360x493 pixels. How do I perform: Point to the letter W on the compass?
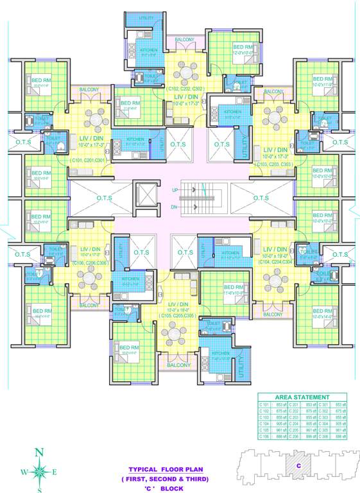pyautogui.click(x=24, y=472)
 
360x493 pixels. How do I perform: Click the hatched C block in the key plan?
pyautogui.click(x=298, y=465)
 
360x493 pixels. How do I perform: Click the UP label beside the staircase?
pyautogui.click(x=175, y=191)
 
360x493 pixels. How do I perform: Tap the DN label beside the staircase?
pyautogui.click(x=175, y=207)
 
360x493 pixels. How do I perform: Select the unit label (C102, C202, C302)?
pyautogui.click(x=185, y=89)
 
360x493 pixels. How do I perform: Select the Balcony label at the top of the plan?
pyautogui.click(x=185, y=40)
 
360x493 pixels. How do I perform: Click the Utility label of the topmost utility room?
pyautogui.click(x=146, y=18)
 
